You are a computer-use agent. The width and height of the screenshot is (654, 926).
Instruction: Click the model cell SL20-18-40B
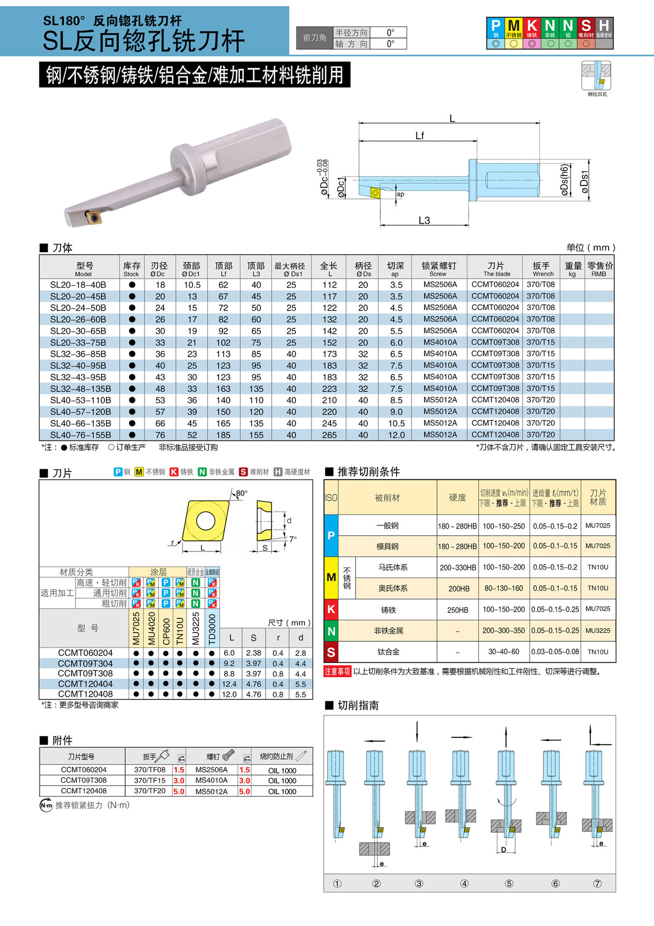(78, 285)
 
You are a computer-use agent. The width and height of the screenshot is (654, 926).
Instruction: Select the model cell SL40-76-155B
(80, 435)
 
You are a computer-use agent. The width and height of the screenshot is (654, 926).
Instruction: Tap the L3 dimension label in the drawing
(424, 220)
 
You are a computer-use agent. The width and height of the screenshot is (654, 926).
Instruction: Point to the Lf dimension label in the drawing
(420, 136)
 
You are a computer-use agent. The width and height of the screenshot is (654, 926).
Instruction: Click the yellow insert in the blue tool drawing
(375, 193)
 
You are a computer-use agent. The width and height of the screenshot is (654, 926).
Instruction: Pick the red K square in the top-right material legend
(532, 26)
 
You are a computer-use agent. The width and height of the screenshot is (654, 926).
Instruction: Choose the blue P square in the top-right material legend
(495, 26)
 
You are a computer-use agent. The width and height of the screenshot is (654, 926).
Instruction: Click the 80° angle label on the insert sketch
(241, 493)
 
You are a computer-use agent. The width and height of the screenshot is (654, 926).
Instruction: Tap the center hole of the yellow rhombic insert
(206, 521)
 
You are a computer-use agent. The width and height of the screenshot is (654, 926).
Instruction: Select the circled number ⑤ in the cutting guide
(509, 884)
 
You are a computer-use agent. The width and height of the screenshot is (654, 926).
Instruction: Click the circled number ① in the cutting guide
(337, 884)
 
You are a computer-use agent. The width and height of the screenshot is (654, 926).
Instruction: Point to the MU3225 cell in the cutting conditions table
(598, 630)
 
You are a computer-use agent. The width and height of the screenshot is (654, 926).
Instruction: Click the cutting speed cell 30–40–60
(504, 652)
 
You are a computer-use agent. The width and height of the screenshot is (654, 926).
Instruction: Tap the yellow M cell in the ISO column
(331, 577)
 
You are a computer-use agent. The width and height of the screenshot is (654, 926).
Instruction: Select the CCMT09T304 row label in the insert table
(85, 664)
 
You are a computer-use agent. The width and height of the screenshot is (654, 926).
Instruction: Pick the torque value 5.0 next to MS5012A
(244, 791)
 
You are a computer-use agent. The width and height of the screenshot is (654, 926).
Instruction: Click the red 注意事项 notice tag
(337, 671)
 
